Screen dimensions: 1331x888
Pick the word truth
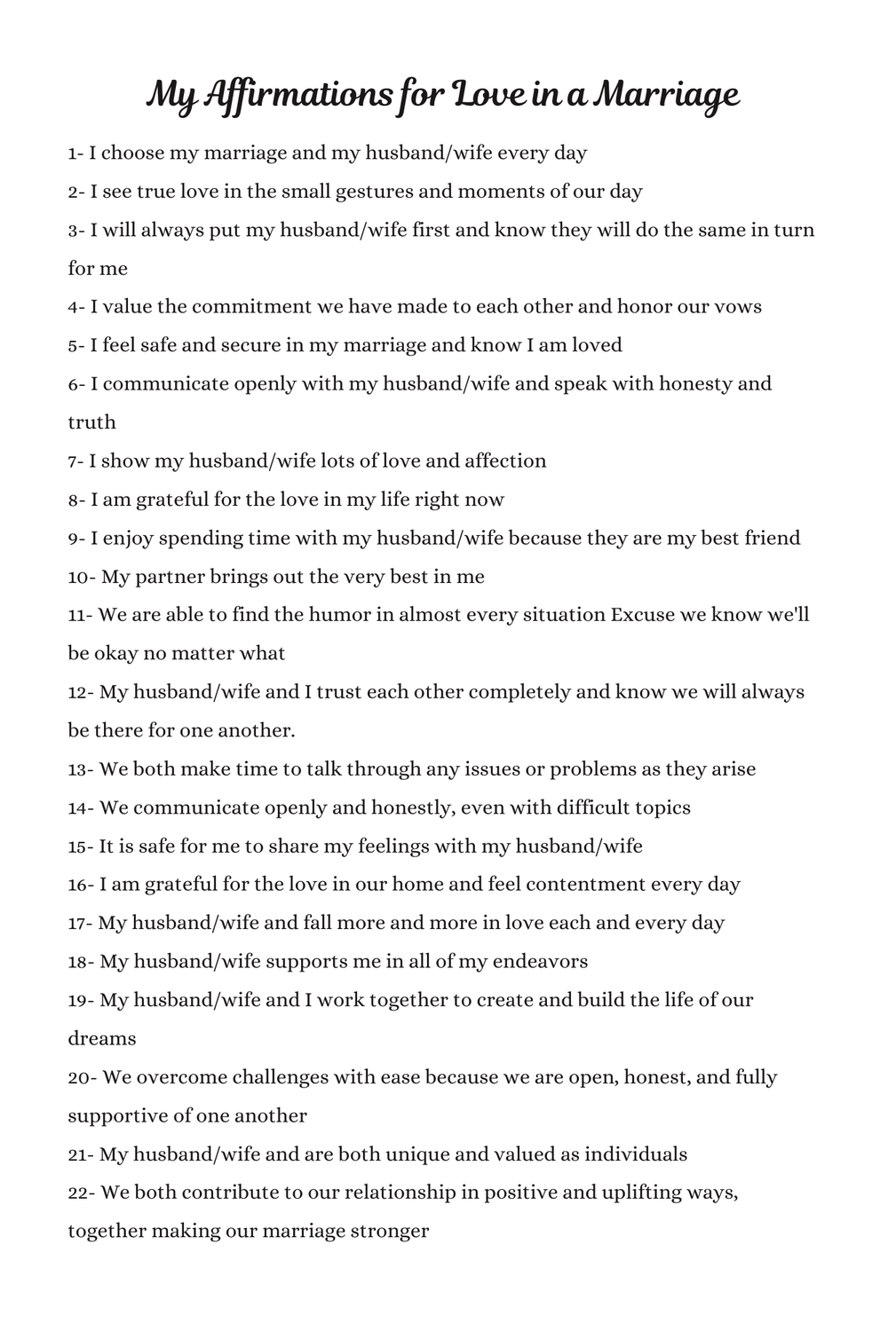tap(91, 422)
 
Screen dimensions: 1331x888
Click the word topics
tap(657, 807)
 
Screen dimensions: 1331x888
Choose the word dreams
tap(102, 1038)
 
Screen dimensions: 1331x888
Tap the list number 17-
tap(80, 923)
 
